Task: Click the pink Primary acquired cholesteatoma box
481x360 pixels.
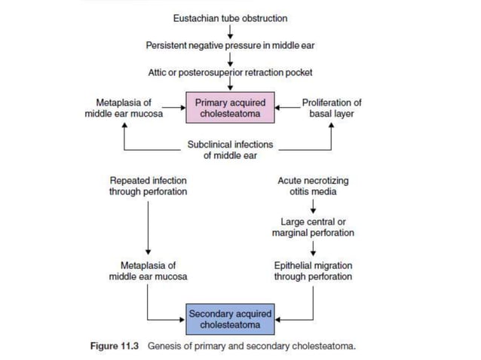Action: coord(230,108)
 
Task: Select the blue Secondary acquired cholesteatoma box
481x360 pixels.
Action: coord(230,319)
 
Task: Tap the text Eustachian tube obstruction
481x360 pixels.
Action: coord(230,18)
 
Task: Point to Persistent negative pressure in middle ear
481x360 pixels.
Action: coord(230,45)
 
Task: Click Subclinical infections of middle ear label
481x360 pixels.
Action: coord(230,150)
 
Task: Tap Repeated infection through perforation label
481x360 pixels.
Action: coord(149,186)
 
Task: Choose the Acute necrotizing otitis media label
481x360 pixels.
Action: coord(313,186)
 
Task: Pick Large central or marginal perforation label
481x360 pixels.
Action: coord(313,227)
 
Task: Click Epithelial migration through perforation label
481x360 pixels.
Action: coord(313,271)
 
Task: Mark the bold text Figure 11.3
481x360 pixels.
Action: coord(115,347)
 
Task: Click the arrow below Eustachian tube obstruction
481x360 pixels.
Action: coord(230,32)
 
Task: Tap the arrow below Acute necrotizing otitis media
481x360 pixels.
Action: coord(313,207)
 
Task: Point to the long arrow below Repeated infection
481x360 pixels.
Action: coord(149,226)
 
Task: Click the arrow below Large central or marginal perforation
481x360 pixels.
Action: coord(313,249)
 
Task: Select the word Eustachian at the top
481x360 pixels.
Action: coord(195,18)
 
